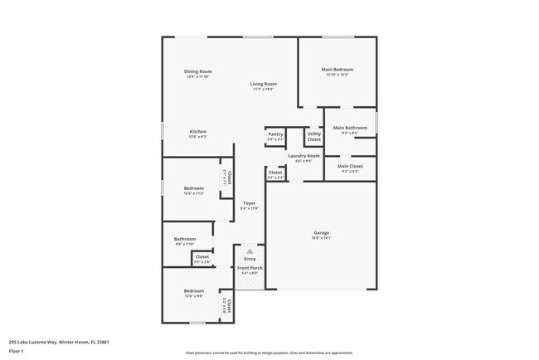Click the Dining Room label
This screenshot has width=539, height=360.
198,71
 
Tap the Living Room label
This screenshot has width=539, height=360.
265,84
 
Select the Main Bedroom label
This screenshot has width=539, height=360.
337,70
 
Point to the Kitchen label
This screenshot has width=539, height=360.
197,132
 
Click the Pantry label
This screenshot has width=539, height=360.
275,134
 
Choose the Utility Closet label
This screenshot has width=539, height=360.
314,136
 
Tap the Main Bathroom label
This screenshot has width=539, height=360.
350,128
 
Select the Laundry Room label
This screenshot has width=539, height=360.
303,156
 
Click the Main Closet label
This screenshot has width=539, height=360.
350,166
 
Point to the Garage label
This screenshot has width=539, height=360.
322,232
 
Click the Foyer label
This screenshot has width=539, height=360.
249,203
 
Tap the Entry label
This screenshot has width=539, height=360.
250,259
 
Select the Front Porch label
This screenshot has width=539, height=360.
250,269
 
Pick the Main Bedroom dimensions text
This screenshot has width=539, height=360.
337,75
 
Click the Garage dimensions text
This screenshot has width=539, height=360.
322,238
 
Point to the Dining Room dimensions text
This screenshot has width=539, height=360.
198,77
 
